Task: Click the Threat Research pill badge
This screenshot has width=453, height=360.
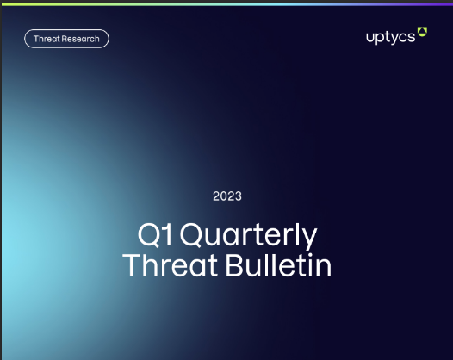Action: [66, 39]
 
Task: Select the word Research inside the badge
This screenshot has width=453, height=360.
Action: [80, 39]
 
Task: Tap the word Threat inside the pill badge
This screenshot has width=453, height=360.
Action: [46, 39]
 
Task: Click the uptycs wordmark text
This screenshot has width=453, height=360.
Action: [389, 37]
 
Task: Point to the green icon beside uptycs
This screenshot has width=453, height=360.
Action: [422, 34]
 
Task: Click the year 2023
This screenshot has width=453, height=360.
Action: [227, 196]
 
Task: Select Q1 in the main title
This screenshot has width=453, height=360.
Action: [154, 235]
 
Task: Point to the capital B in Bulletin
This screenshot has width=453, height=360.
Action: [233, 265]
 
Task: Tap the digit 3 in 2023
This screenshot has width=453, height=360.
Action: [239, 196]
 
